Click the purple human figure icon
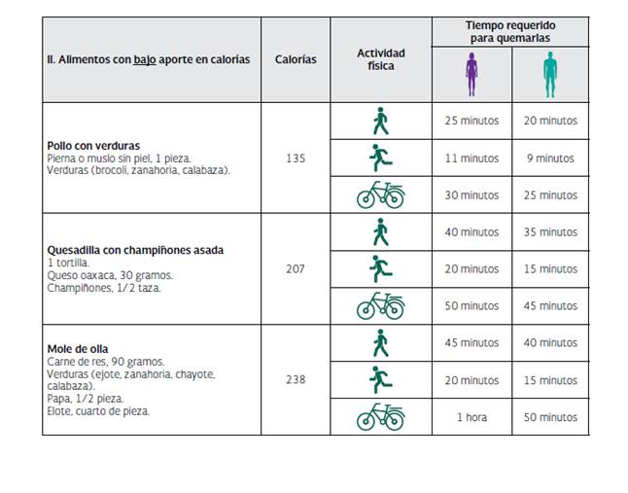[x=471, y=73]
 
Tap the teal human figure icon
[x=550, y=73]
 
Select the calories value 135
[x=296, y=158]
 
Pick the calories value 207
[x=296, y=268]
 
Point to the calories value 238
[x=296, y=379]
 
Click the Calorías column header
[x=296, y=59]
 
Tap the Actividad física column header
[x=380, y=59]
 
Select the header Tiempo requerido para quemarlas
[x=510, y=31]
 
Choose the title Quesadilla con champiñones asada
[x=135, y=250]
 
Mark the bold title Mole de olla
[x=78, y=349]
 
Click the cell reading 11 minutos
[x=471, y=158]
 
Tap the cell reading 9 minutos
[x=550, y=158]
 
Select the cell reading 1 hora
[x=471, y=416]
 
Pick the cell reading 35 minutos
[x=550, y=231]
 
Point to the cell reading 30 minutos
[x=471, y=194]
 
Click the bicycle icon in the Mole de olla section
[x=380, y=416]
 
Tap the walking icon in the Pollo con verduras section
[x=380, y=121]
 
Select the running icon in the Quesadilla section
[x=380, y=268]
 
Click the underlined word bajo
[x=145, y=59]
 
